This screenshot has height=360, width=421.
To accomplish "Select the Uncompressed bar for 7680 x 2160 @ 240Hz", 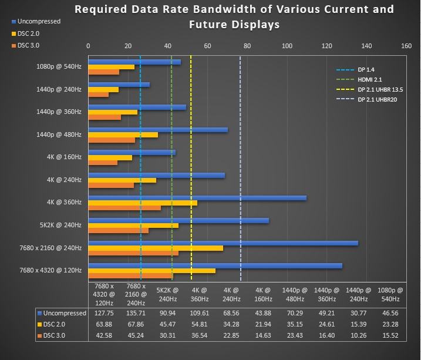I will (x=223, y=243).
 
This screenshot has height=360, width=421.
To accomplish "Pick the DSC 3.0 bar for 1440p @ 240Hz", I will (x=99, y=95).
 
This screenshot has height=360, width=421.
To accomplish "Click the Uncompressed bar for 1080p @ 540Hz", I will (x=134, y=62).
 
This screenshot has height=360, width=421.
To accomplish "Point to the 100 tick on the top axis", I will (x=287, y=46).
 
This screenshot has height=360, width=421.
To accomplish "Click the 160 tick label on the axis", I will (x=406, y=46).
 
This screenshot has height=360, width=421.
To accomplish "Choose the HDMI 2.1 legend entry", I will (x=369, y=79).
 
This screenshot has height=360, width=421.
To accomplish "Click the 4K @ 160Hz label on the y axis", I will (x=65, y=157).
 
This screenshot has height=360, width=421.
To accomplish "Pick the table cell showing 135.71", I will (x=136, y=313).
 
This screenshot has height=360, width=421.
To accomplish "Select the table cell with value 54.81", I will (x=200, y=324).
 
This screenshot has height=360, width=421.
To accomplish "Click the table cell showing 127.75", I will (x=105, y=313).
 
